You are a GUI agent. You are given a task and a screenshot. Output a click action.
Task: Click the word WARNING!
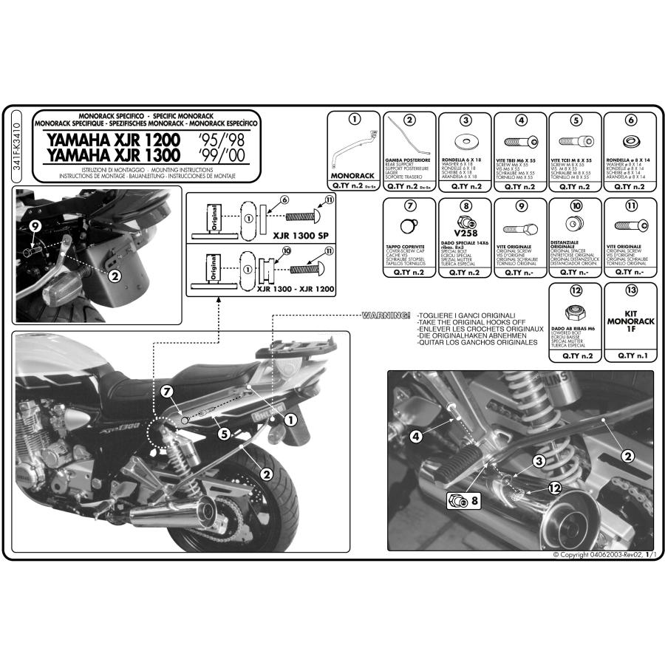pos(385,315)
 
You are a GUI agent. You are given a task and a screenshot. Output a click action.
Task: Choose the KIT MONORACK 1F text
pos(630,322)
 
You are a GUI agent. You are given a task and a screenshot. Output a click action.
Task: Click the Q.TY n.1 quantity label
pos(630,355)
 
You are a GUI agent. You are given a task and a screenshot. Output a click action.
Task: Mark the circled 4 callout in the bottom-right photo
pos(416,437)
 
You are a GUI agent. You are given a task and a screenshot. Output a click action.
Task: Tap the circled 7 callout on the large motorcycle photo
pos(167,389)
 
